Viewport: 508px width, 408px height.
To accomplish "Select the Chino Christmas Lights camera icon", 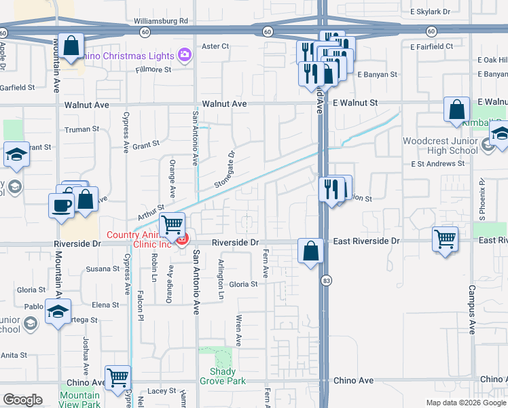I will tap(183, 54).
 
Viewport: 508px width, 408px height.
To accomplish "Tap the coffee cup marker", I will tap(61, 205).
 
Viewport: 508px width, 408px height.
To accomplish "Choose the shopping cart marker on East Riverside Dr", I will tap(445, 239).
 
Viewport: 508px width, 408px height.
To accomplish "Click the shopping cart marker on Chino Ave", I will tap(118, 377).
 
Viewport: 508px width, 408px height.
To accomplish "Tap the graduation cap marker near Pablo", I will tap(58, 311).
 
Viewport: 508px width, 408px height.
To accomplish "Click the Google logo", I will tap(22, 400).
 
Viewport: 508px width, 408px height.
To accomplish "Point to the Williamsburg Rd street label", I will tap(161, 21).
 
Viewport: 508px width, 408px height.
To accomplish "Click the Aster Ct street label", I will tap(216, 46).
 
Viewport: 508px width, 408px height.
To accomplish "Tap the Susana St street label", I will tap(103, 269).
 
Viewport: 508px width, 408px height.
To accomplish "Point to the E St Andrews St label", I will tap(437, 164).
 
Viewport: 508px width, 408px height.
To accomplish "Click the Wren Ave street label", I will tap(238, 330).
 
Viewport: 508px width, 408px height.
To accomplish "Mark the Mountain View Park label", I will tap(79, 400).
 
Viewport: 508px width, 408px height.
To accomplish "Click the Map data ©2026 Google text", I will tap(465, 403).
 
